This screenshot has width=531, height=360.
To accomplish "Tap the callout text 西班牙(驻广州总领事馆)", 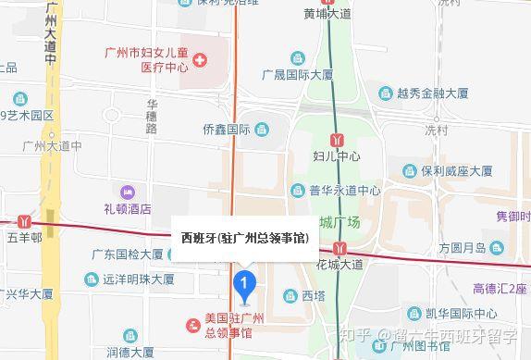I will coord(244,238).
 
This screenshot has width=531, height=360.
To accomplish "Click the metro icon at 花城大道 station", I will coord(342,247).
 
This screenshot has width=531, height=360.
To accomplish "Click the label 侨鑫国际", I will coord(227,129).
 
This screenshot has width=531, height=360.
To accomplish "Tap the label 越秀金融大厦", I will coord(432,93).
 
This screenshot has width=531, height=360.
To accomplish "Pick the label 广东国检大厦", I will coord(128,254).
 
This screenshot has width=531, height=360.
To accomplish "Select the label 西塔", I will coord(314,296).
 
